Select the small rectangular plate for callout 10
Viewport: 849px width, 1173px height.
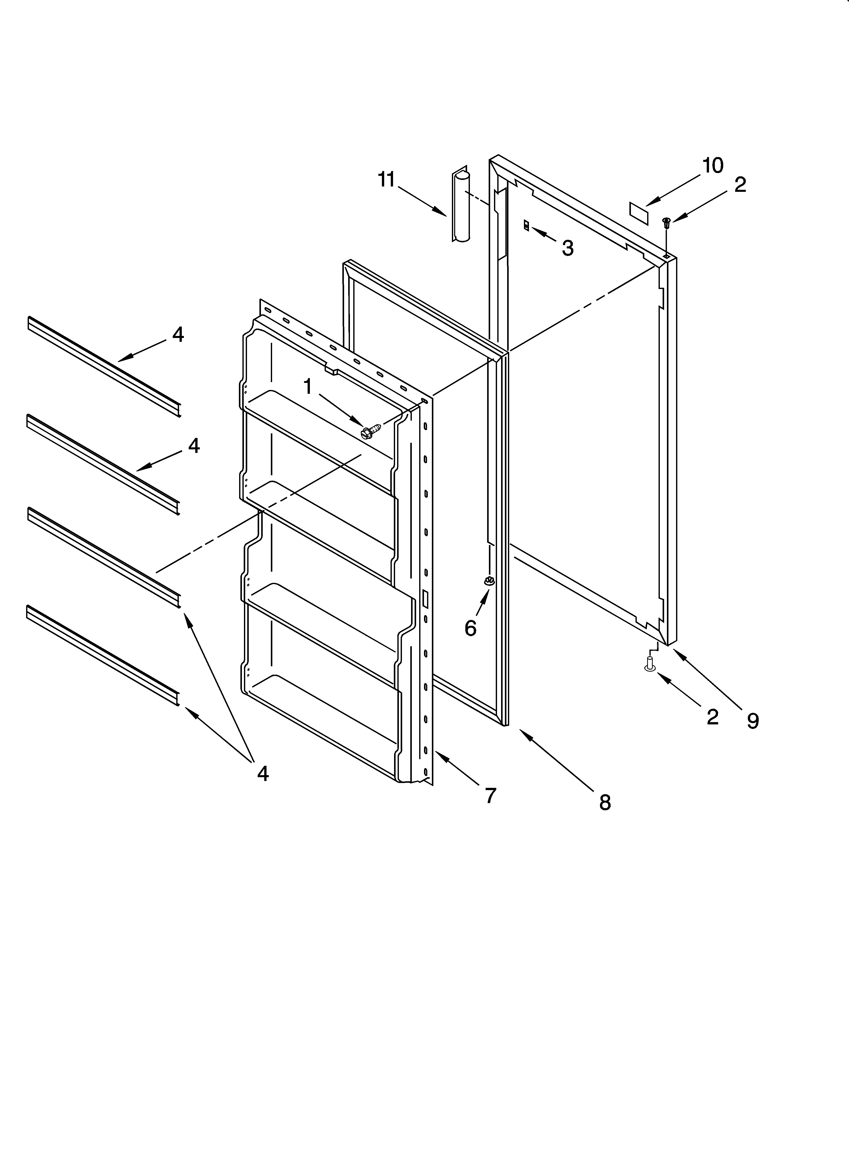pos(639,213)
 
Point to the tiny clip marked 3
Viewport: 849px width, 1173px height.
pos(526,226)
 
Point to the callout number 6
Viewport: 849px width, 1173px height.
pos(470,628)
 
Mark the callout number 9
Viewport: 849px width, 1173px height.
pos(753,721)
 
